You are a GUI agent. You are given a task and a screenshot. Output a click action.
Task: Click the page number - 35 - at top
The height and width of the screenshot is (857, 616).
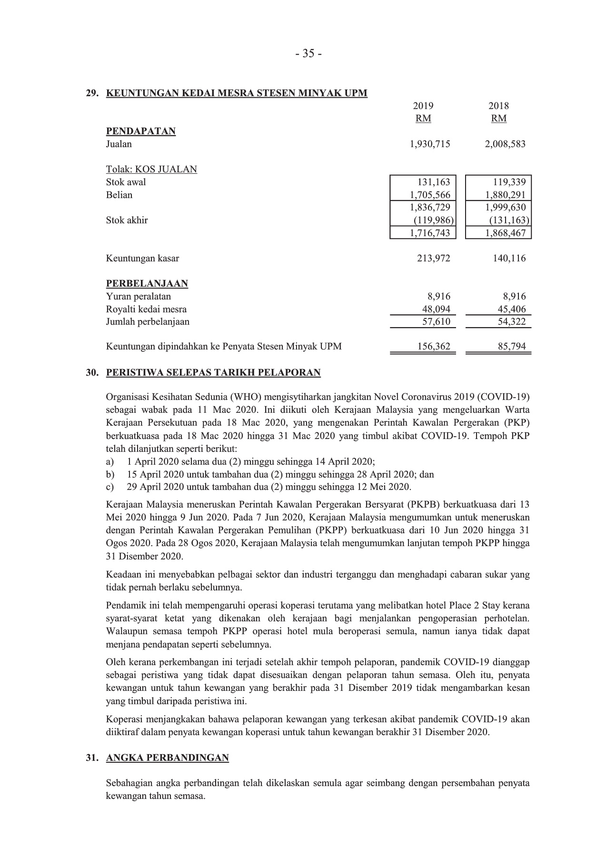pyautogui.click(x=308, y=54)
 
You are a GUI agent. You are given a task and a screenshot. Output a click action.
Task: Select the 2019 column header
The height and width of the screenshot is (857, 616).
pyautogui.click(x=423, y=106)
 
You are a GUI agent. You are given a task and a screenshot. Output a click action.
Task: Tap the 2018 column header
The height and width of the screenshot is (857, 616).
pyautogui.click(x=498, y=106)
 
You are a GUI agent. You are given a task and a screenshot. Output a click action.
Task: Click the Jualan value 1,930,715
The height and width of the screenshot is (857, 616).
pyautogui.click(x=429, y=144)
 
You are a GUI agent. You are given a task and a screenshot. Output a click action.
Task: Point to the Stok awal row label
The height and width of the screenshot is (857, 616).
pyautogui.click(x=126, y=182)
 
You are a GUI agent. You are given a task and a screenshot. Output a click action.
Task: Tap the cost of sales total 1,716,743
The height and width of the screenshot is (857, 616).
pyautogui.click(x=429, y=233)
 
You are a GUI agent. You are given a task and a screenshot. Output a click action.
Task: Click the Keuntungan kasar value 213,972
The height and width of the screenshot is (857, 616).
pyautogui.click(x=432, y=259)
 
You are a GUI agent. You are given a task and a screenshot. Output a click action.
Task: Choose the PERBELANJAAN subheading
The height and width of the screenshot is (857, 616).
pyautogui.click(x=147, y=284)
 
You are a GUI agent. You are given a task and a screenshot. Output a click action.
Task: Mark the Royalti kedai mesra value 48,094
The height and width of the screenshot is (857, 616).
pyautogui.click(x=436, y=309)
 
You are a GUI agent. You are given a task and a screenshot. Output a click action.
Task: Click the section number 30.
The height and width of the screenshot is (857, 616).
pyautogui.click(x=91, y=373)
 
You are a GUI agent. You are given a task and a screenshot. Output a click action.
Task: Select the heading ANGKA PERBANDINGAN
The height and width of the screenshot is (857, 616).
pyautogui.click(x=167, y=757)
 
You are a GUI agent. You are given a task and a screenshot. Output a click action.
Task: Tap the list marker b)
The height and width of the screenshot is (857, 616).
pyautogui.click(x=110, y=475)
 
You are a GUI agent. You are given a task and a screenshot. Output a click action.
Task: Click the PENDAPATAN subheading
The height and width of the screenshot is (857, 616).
pyautogui.click(x=140, y=131)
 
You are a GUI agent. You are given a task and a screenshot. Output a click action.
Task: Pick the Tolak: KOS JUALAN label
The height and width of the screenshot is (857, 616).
pyautogui.click(x=151, y=169)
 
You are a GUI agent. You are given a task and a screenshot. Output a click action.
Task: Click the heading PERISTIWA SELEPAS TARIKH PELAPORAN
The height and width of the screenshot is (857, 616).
pyautogui.click(x=213, y=373)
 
